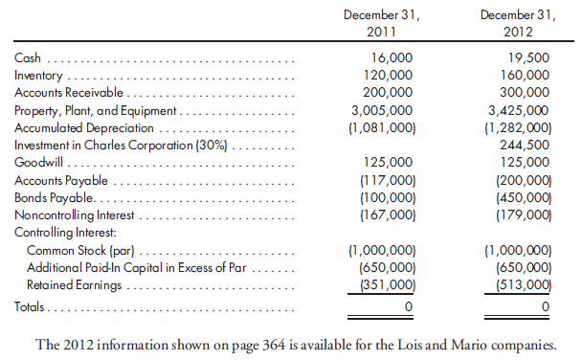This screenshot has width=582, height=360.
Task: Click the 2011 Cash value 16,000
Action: pos(394,58)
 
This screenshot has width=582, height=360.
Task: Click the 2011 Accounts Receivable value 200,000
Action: pos(391,93)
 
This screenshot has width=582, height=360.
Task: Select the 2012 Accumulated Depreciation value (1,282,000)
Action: pos(518,127)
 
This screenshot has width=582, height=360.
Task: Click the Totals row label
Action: pos(31,307)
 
